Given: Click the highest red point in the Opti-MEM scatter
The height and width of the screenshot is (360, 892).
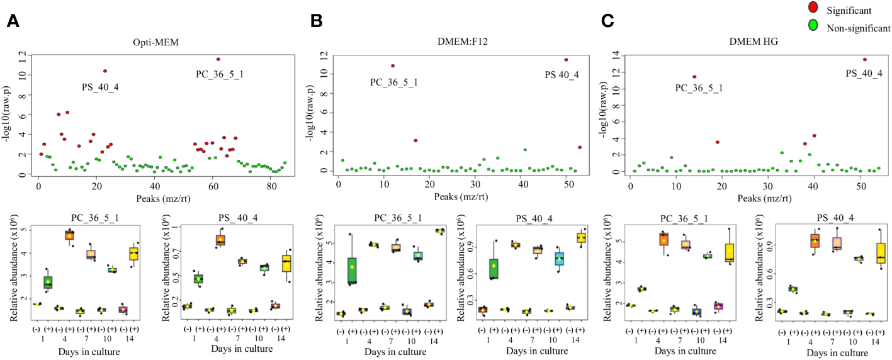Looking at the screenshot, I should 218,59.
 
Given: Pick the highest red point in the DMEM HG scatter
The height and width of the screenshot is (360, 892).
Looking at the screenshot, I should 865,59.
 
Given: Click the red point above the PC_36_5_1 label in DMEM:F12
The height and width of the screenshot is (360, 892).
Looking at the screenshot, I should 393,65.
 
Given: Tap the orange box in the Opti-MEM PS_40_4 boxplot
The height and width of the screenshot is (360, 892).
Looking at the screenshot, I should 220,240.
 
